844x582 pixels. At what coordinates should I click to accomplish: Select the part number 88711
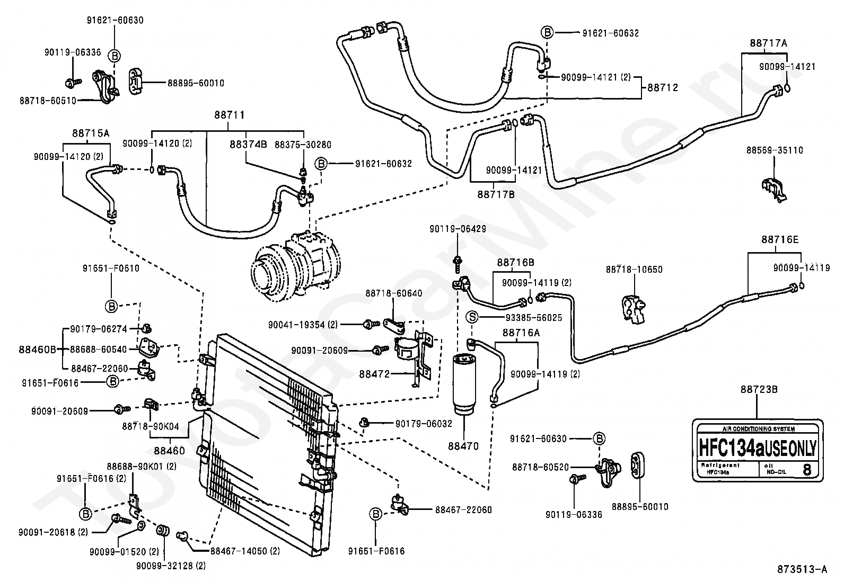point(229,115)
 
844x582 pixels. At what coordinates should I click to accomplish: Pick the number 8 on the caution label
point(806,469)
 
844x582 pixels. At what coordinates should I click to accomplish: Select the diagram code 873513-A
point(802,569)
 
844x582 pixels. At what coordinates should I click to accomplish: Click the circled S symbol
point(472,317)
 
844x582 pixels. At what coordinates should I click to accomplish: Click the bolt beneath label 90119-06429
point(458,263)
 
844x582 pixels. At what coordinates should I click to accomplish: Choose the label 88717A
point(768,43)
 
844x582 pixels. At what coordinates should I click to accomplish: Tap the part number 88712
point(662,88)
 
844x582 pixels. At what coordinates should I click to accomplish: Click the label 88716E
point(780,239)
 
